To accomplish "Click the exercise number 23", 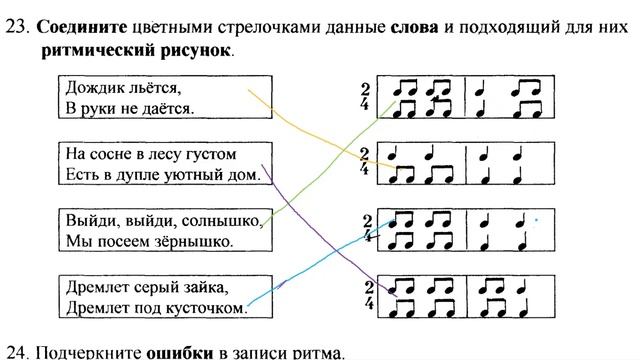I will (17, 27).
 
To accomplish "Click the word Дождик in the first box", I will (90, 88).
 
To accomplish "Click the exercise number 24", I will (17, 351).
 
